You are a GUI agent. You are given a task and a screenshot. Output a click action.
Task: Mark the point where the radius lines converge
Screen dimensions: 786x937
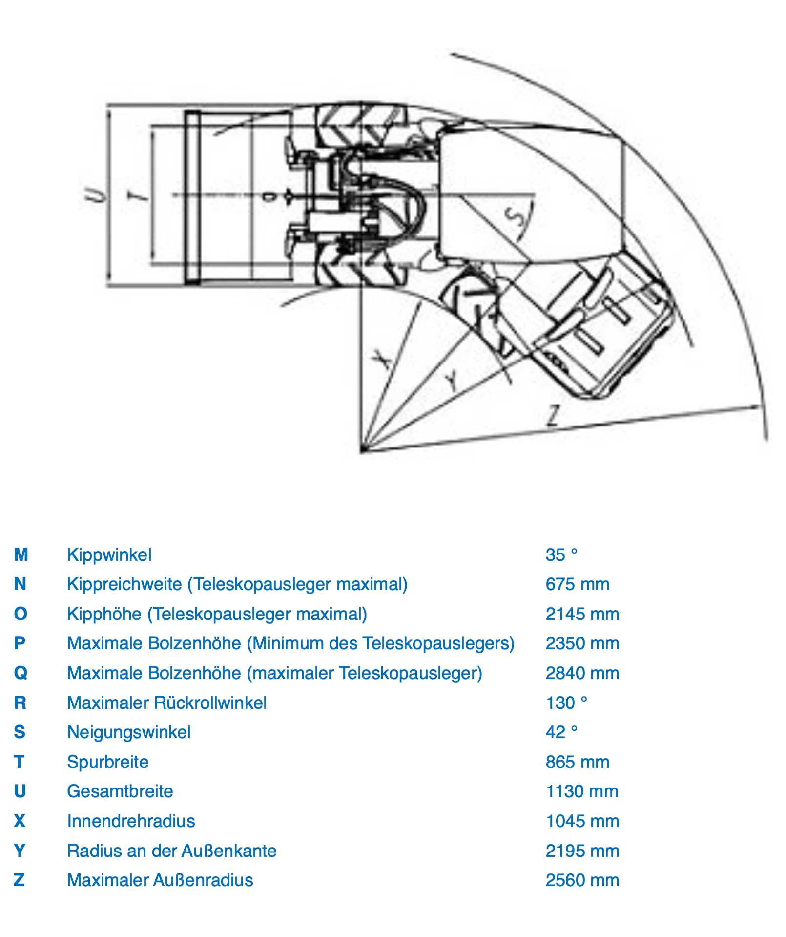tap(362, 450)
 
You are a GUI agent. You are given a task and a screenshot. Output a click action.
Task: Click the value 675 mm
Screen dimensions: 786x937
tap(578, 584)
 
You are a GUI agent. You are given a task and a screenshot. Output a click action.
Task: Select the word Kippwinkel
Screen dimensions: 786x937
tap(109, 555)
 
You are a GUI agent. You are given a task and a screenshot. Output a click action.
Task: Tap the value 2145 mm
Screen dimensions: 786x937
tap(582, 614)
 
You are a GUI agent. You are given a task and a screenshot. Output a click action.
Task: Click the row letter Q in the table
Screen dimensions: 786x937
tap(21, 674)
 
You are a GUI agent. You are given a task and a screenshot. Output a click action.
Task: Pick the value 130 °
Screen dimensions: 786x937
tap(566, 703)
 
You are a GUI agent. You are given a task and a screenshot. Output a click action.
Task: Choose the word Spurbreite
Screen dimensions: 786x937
tap(108, 762)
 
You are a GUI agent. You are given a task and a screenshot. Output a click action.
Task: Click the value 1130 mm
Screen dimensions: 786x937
tap(582, 791)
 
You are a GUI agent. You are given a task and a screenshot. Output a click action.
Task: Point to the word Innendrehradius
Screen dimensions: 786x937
tap(131, 821)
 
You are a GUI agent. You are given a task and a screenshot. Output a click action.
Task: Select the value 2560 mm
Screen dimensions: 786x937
tap(582, 880)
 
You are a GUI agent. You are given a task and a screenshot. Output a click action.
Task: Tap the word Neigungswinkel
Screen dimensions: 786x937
tap(129, 732)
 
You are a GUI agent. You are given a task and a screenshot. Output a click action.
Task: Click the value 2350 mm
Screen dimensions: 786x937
tap(582, 643)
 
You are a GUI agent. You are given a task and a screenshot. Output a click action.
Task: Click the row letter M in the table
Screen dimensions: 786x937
tap(21, 555)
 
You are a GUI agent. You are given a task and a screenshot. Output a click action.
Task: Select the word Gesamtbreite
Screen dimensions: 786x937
tap(120, 791)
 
